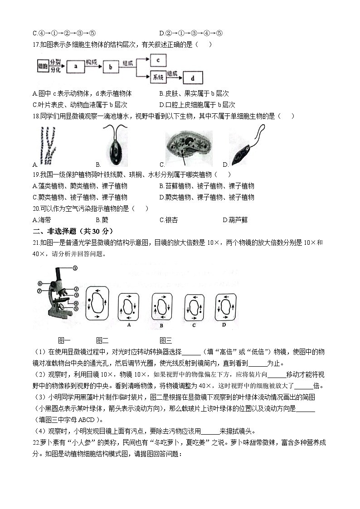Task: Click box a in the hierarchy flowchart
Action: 76,67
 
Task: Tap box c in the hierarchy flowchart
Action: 157,60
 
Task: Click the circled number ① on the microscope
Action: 74,268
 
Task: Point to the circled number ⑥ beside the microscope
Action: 40,283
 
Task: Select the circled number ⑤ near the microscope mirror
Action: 76,309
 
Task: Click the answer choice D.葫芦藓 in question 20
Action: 235,220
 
